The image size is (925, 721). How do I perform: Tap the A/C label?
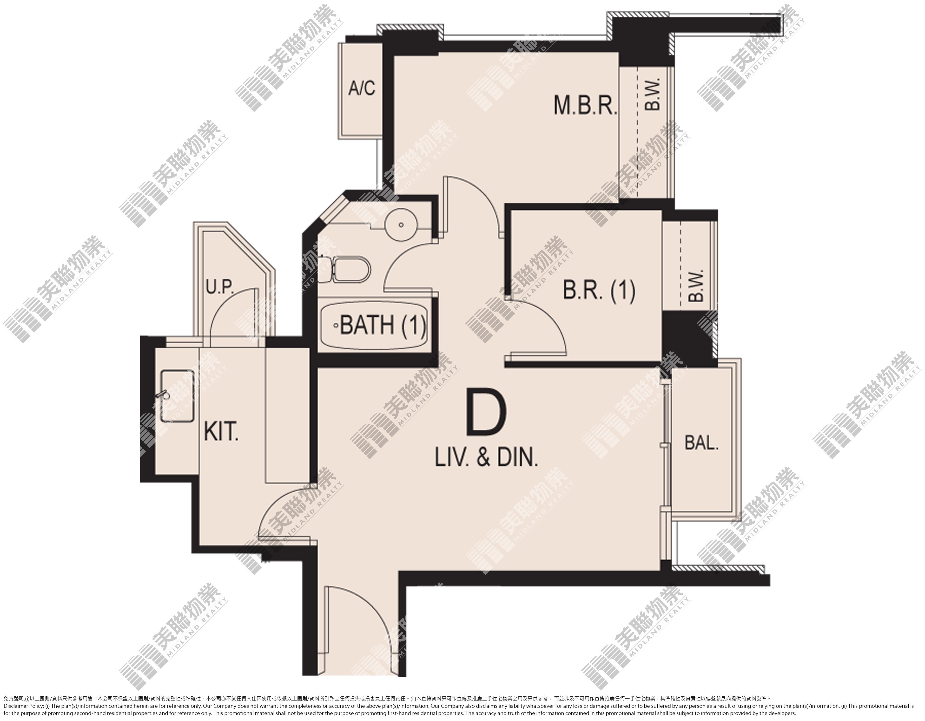(362, 88)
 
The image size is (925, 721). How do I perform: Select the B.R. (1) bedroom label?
(599, 291)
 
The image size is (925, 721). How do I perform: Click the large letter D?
(486, 414)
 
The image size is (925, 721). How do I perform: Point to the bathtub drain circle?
(336, 326)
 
